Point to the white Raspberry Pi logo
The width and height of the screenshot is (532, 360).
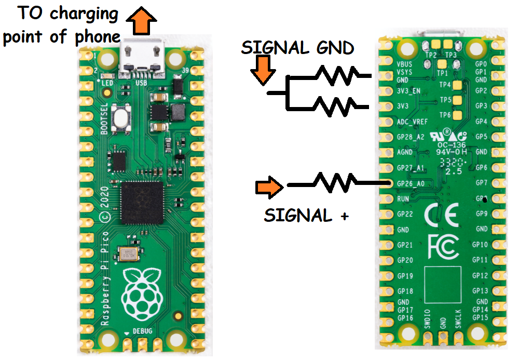coord(142,294)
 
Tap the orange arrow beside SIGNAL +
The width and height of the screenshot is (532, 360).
coord(269,187)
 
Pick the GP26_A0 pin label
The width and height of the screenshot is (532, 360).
coord(410,183)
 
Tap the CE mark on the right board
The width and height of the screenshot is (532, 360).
coord(441,215)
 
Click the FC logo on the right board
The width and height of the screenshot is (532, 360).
coord(444,246)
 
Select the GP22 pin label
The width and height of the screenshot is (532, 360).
coord(405,214)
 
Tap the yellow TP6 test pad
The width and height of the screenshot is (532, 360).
coord(457,115)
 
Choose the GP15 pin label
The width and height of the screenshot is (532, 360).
coord(481,317)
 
